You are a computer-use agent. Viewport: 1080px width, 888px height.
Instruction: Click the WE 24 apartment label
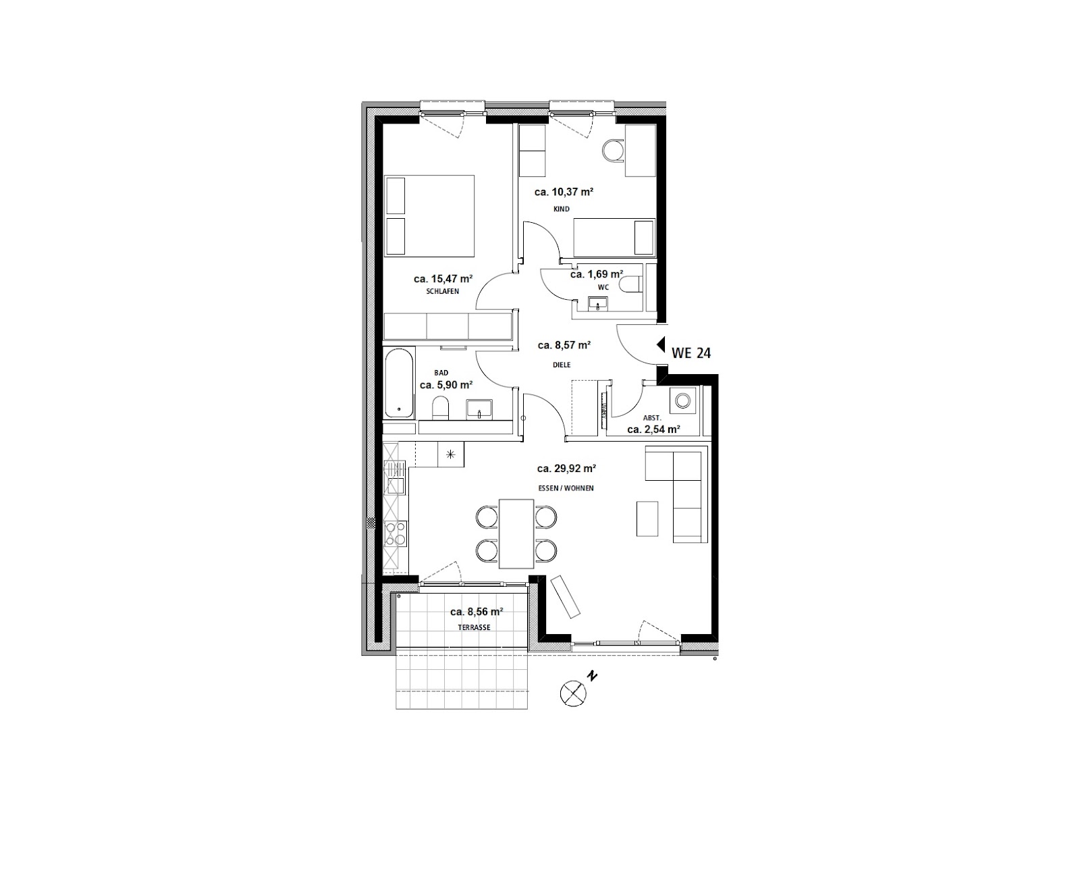[691, 352]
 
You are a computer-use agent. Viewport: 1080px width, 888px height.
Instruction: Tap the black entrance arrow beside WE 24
[661, 344]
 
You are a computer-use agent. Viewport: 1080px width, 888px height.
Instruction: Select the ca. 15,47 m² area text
[443, 279]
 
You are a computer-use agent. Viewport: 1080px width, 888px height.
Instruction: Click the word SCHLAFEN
[442, 291]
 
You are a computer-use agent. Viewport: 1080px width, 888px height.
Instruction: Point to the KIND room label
[561, 209]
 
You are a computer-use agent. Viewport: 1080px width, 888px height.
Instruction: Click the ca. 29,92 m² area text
[566, 469]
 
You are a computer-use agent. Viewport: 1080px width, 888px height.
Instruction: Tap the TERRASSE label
[474, 627]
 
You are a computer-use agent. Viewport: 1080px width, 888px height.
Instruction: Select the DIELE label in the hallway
[561, 365]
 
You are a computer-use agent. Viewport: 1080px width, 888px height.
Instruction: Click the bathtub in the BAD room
[399, 383]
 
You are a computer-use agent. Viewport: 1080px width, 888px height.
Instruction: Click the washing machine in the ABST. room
[682, 400]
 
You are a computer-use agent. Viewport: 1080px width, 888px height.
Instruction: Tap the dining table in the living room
[516, 533]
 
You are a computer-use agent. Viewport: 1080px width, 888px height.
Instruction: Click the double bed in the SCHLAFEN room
[429, 215]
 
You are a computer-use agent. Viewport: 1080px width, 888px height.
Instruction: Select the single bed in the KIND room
[614, 237]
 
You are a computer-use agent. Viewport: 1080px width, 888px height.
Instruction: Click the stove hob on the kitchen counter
[396, 533]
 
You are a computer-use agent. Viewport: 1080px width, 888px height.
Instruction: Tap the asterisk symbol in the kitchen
[451, 454]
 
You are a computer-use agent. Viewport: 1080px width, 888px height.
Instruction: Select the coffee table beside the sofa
[647, 519]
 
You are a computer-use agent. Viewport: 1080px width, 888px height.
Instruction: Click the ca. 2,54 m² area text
[653, 429]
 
